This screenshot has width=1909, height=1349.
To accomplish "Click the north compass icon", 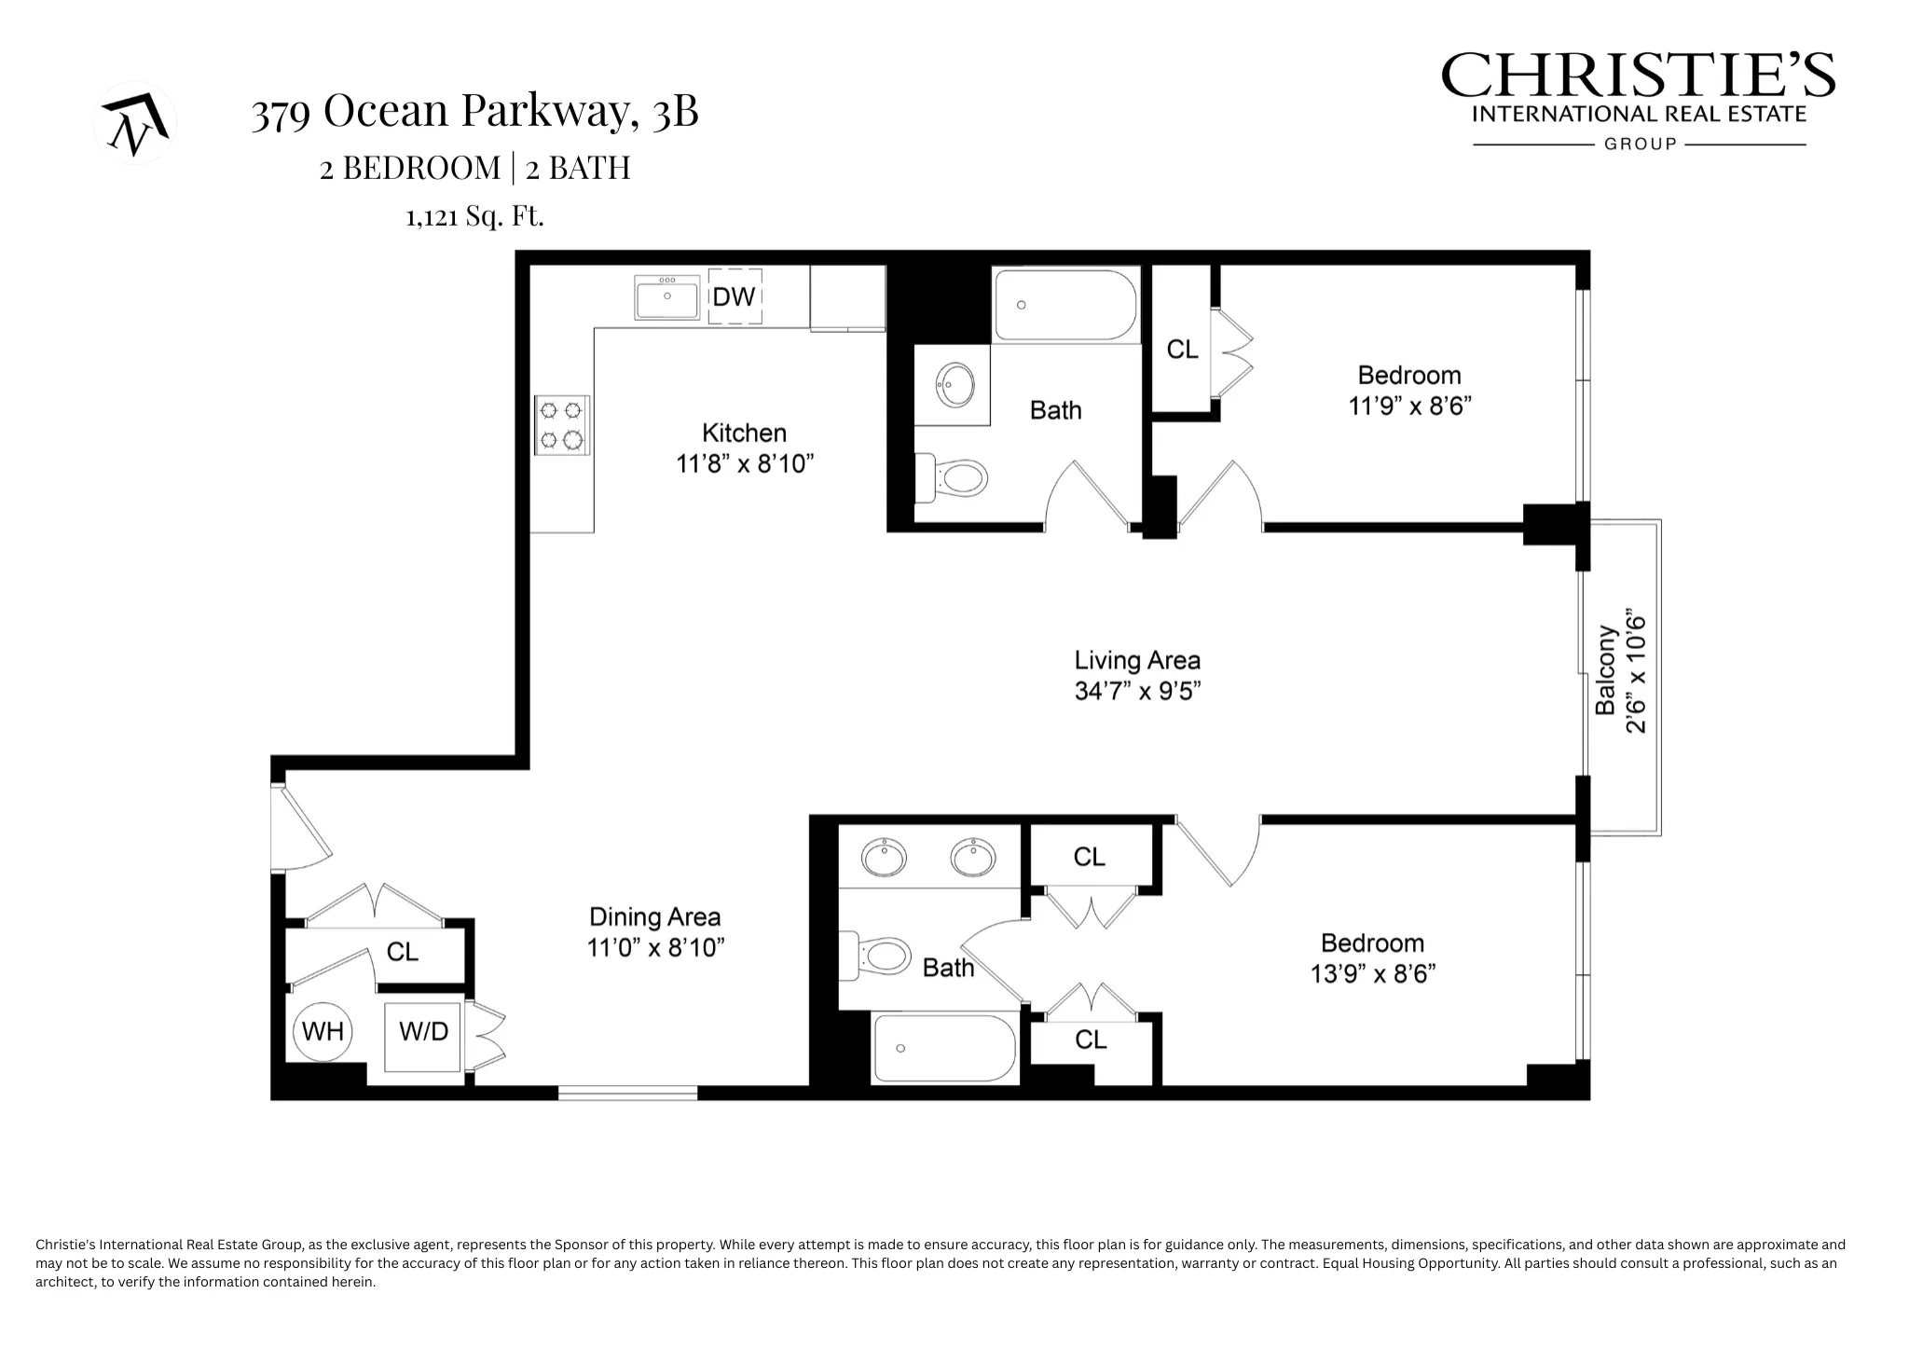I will (135, 122).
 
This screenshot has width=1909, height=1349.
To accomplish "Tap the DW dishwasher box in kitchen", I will (735, 296).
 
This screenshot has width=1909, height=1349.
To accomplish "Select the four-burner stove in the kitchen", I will (562, 425).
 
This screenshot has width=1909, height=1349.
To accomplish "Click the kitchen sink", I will (667, 297).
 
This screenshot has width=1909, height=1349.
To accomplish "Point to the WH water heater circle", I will (323, 1032).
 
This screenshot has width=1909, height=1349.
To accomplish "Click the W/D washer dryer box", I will (423, 1032).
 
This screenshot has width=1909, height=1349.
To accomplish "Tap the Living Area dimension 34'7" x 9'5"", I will (1137, 691).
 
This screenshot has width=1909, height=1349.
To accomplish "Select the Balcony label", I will (1605, 670).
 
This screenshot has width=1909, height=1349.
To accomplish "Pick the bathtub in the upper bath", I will (1065, 305).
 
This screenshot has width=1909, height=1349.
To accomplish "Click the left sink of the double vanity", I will (884, 857).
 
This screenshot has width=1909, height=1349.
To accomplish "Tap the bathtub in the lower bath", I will (944, 1049).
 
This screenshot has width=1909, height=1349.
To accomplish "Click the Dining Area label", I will (655, 917).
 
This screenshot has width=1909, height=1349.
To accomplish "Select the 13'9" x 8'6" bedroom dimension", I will (1372, 974).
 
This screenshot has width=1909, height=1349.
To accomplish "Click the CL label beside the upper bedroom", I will (1182, 350).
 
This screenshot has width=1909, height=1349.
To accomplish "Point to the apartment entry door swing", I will (300, 829).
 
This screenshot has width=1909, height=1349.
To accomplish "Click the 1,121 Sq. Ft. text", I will (474, 217).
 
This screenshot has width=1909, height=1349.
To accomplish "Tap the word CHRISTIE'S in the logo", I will (1638, 76).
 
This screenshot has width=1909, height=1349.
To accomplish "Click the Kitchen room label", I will (744, 433).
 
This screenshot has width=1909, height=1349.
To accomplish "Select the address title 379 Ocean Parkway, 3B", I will (474, 112).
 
